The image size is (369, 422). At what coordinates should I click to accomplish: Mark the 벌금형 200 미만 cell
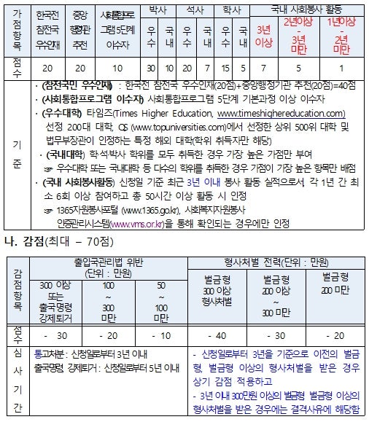coord(333,284)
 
